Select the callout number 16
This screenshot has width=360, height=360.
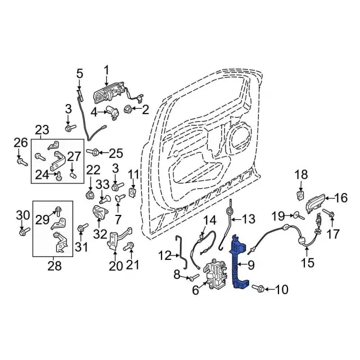tap(341, 197)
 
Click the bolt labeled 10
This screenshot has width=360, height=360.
tap(260, 290)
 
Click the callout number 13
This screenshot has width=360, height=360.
tap(248, 218)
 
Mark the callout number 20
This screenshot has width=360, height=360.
tap(115, 266)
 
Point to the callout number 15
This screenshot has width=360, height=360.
tap(308, 262)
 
